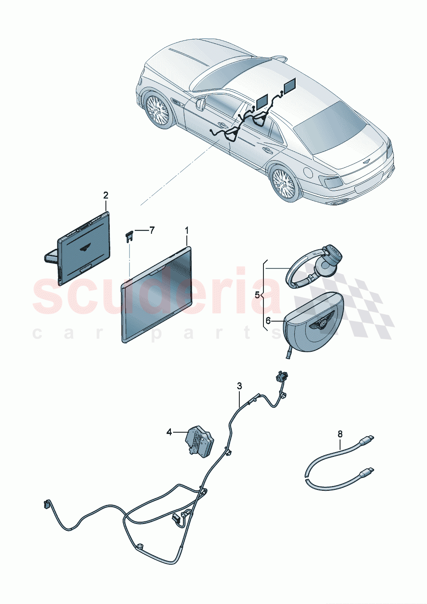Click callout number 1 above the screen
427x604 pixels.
tap(187, 231)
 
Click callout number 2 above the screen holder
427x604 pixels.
tap(106, 195)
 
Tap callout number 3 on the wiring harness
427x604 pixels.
tap(240, 386)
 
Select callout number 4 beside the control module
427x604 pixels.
tap(169, 432)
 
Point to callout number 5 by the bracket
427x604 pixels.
tap(257, 295)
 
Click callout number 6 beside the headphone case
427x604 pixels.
tap(268, 320)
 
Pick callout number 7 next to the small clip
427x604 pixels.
tap(152, 230)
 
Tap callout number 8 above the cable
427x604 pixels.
tap(340, 434)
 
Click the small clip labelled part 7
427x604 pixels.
tap(129, 236)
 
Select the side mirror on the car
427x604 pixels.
tap(200, 104)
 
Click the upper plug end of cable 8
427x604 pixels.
tap(369, 439)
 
